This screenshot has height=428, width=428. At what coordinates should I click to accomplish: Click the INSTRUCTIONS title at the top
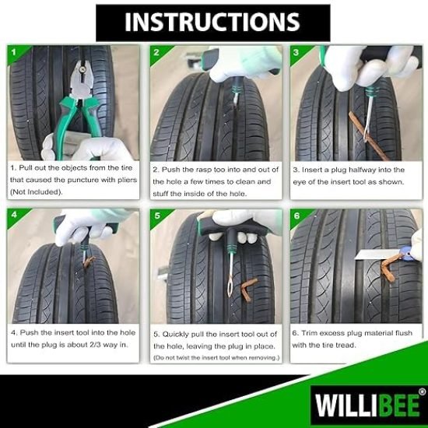pos(213,21)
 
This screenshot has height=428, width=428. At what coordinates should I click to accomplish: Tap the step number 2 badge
pos(156,53)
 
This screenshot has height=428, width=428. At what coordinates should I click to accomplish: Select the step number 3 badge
pos(296,53)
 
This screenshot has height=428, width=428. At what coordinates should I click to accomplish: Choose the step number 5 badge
pos(156,215)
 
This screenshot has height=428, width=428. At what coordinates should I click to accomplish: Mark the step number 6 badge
pos(296,215)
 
